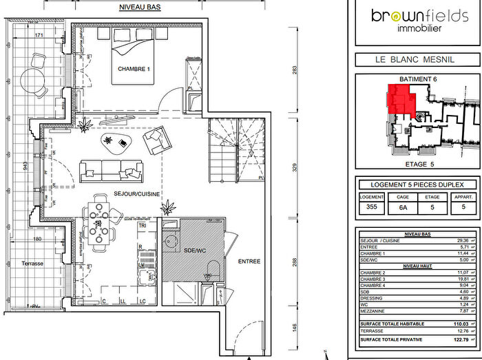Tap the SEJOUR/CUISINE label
point(138,194)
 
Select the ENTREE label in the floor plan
point(249,261)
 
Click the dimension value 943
point(25,165)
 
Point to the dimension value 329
point(294,167)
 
